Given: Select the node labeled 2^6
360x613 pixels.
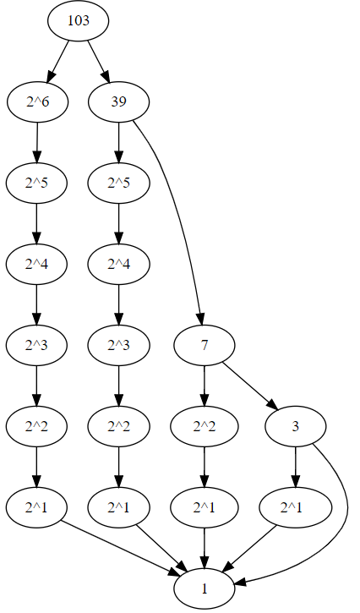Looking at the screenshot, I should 36,102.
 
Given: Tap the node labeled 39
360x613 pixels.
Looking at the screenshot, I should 118,102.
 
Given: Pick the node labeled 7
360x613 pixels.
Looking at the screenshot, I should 204,346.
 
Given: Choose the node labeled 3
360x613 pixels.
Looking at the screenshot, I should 296,427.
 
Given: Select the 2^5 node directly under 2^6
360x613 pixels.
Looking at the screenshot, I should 36,183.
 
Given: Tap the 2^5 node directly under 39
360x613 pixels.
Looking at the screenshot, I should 118,183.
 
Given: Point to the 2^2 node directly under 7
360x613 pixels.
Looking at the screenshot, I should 204,427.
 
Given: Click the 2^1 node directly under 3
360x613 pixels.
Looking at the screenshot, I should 296,508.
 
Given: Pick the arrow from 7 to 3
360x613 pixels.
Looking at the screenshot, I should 250,386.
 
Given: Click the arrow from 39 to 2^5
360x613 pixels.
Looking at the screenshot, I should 118,143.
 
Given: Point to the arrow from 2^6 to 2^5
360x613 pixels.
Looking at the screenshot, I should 36,143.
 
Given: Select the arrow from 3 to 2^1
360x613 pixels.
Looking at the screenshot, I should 296,468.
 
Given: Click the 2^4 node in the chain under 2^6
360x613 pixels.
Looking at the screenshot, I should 36,265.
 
